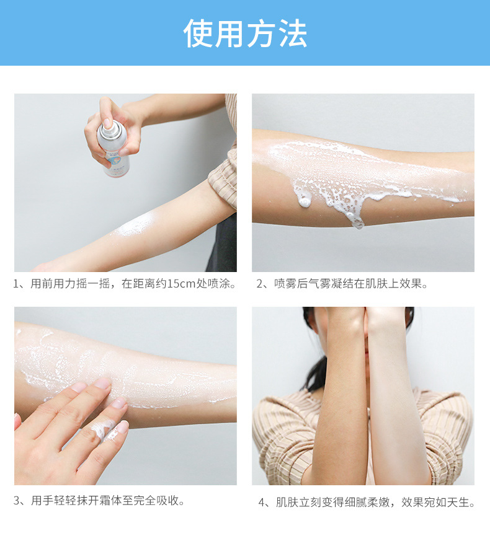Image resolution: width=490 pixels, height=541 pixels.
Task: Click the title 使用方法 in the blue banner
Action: [245, 33]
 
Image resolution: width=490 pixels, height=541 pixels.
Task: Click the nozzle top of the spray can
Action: [108, 125]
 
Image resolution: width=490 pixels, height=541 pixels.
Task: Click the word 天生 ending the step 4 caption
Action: [458, 503]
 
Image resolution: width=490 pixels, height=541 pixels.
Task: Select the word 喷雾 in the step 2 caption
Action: [285, 284]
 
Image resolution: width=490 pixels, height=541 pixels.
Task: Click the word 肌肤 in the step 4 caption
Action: [287, 503]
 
